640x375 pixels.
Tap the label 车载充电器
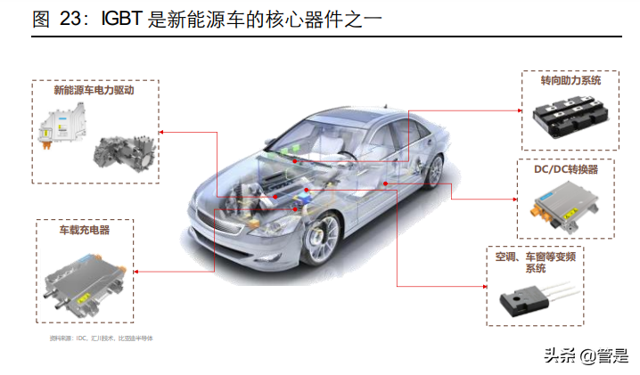85,230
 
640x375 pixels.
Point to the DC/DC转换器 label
566,168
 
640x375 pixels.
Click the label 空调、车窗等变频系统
536,263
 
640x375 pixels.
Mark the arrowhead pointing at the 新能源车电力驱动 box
163,131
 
